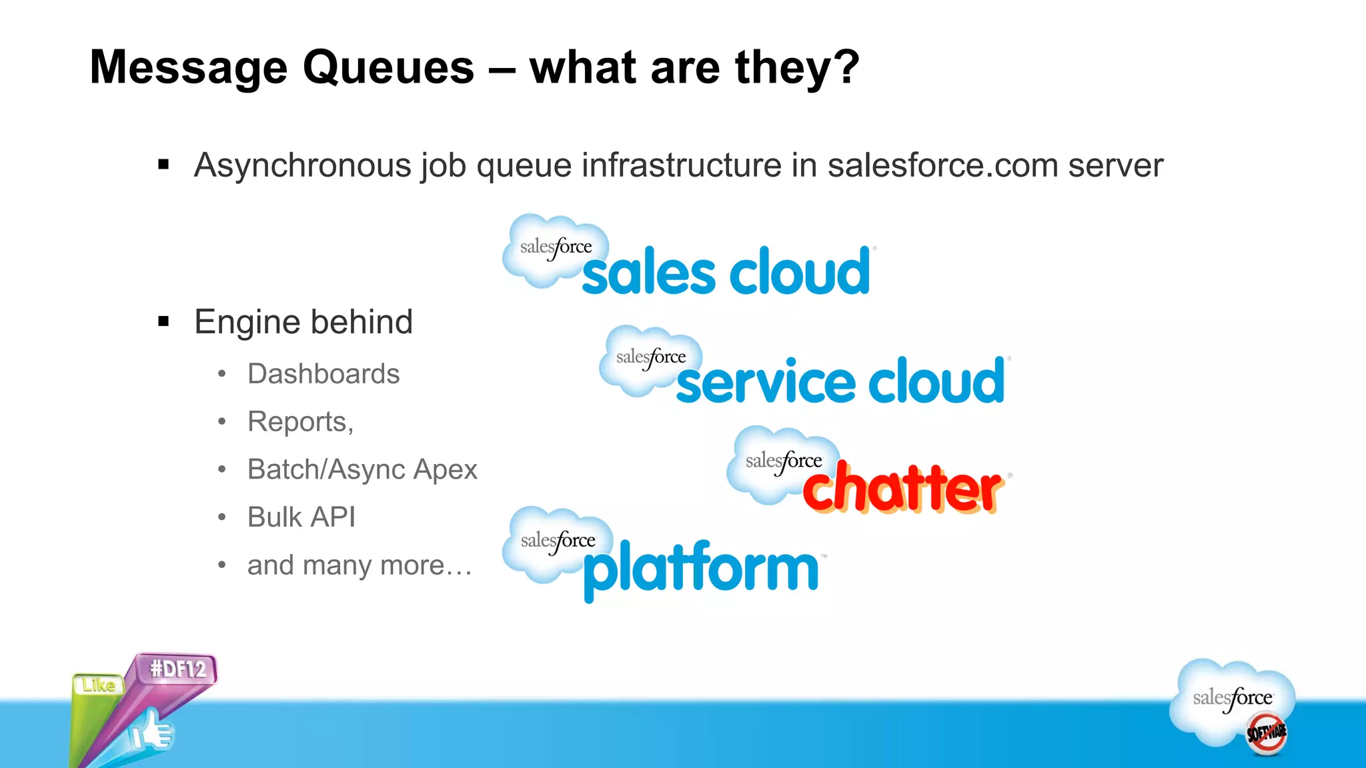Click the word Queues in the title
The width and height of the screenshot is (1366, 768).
(x=388, y=68)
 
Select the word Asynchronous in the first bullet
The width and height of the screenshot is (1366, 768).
(x=302, y=165)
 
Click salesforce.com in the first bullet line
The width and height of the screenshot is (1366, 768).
(x=942, y=165)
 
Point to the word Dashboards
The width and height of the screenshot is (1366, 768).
(x=323, y=374)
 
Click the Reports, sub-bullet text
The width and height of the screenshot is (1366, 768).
(x=300, y=422)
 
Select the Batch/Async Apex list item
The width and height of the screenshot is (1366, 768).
(x=362, y=469)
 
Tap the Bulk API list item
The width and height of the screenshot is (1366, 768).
(x=301, y=517)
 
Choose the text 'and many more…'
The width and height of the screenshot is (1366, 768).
(x=360, y=565)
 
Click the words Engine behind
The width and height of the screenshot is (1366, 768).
(x=303, y=322)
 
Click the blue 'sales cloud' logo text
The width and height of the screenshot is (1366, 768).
(x=726, y=272)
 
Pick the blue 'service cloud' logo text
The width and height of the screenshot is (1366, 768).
(x=840, y=381)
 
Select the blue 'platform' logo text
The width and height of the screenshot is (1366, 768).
(x=700, y=569)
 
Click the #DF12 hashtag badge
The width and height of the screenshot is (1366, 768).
(x=177, y=669)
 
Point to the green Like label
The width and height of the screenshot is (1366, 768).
(x=99, y=685)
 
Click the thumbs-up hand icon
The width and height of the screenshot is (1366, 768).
(x=152, y=733)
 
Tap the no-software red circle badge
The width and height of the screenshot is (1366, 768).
(x=1266, y=733)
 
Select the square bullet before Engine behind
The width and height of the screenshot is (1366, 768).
(x=163, y=322)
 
